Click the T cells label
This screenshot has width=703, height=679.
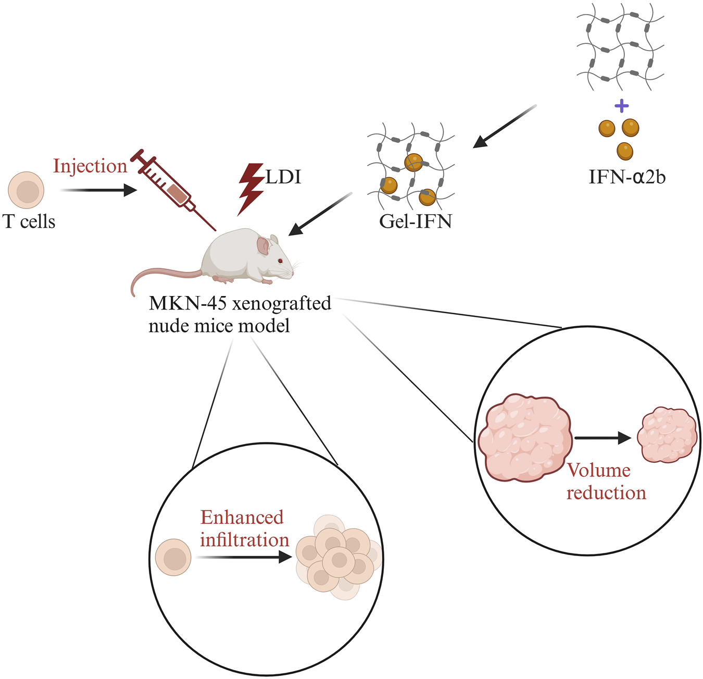[x=29, y=221]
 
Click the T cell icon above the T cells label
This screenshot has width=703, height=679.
[x=27, y=191]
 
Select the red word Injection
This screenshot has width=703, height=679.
[x=90, y=166]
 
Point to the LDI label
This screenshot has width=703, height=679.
[x=283, y=177]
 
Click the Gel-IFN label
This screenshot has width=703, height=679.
[x=416, y=221]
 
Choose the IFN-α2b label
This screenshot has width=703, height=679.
[x=627, y=177]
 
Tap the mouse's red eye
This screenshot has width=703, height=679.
[x=280, y=261]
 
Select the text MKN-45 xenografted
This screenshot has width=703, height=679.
[x=240, y=303]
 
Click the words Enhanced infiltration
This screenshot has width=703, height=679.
[x=244, y=528]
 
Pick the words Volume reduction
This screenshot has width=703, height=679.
[x=606, y=482]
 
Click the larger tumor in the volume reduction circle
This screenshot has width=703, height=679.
[x=525, y=438]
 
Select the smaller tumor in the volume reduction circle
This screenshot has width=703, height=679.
[x=667, y=435]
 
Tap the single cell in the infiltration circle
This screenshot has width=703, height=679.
[x=173, y=558]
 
